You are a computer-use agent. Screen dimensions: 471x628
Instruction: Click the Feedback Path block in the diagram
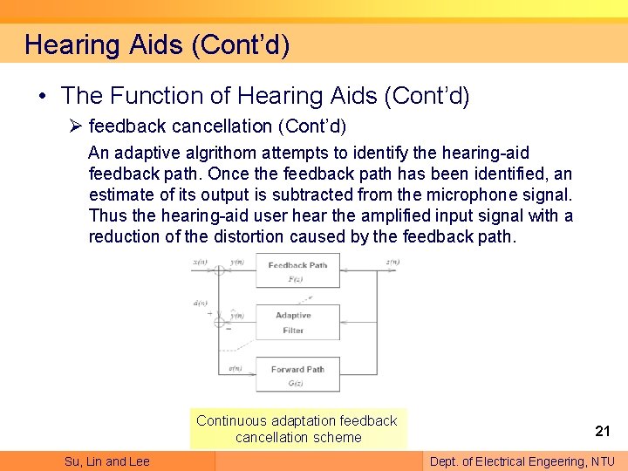(x=297, y=271)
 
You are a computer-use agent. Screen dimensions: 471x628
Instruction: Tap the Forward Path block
(x=297, y=375)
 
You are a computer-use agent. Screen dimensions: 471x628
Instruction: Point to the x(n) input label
(x=200, y=263)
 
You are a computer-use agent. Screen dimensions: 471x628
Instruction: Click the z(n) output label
(x=392, y=263)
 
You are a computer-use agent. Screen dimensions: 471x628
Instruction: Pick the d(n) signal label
(x=200, y=304)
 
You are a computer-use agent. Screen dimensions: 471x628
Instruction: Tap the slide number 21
(x=602, y=430)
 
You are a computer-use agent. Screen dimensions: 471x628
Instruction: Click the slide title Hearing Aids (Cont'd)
(x=157, y=44)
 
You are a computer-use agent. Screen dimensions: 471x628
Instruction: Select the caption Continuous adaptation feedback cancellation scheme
(x=297, y=428)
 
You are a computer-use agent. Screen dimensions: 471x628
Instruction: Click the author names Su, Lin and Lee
(x=106, y=461)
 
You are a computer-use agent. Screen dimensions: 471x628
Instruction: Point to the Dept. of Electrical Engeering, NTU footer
(x=522, y=461)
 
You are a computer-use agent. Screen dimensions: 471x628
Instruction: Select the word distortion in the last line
(x=249, y=236)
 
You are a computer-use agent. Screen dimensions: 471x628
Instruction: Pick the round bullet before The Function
(x=44, y=96)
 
